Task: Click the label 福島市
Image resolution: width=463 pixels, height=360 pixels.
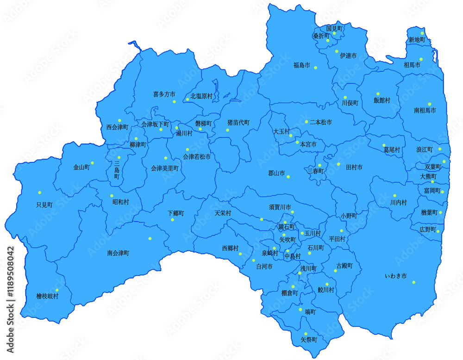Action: coord(301,65)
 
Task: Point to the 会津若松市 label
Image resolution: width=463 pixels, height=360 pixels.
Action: coord(197,157)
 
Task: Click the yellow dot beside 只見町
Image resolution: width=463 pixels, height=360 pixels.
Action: coord(39,192)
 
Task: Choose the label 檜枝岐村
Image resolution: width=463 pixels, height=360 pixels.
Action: coord(47,296)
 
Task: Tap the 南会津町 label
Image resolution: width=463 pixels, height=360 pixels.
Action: coord(118,253)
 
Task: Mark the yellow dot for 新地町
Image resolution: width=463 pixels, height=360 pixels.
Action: coord(422,33)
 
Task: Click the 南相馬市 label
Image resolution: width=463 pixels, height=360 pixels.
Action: coord(425,111)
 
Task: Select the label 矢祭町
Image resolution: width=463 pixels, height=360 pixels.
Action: coord(309,340)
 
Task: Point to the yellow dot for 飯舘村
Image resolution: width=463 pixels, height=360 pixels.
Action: coord(378,94)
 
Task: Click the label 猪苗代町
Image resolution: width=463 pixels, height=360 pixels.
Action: coord(238,123)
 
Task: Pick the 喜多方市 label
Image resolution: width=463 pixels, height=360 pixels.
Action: coord(164,94)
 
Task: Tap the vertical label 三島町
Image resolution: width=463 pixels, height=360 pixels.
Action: coord(117,170)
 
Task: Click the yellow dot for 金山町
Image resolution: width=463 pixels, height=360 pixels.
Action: coord(93,163)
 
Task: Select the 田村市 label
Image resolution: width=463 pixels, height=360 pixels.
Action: coord(354,167)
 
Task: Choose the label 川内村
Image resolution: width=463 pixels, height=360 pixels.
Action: coord(398,203)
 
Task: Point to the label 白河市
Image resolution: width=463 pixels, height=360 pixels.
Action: coord(264,267)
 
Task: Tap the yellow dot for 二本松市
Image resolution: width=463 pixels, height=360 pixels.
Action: coord(306,122)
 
